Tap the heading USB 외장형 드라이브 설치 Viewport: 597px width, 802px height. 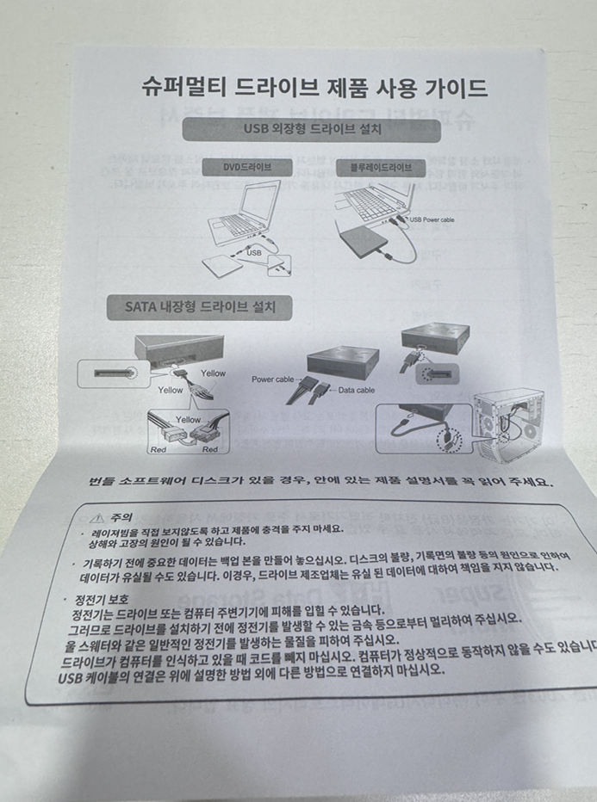point(313,130)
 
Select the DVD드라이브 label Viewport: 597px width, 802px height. point(248,166)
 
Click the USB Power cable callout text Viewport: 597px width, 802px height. point(432,220)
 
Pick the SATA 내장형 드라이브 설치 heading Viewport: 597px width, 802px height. point(197,306)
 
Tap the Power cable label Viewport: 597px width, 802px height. point(272,379)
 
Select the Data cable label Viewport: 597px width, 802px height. point(355,390)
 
